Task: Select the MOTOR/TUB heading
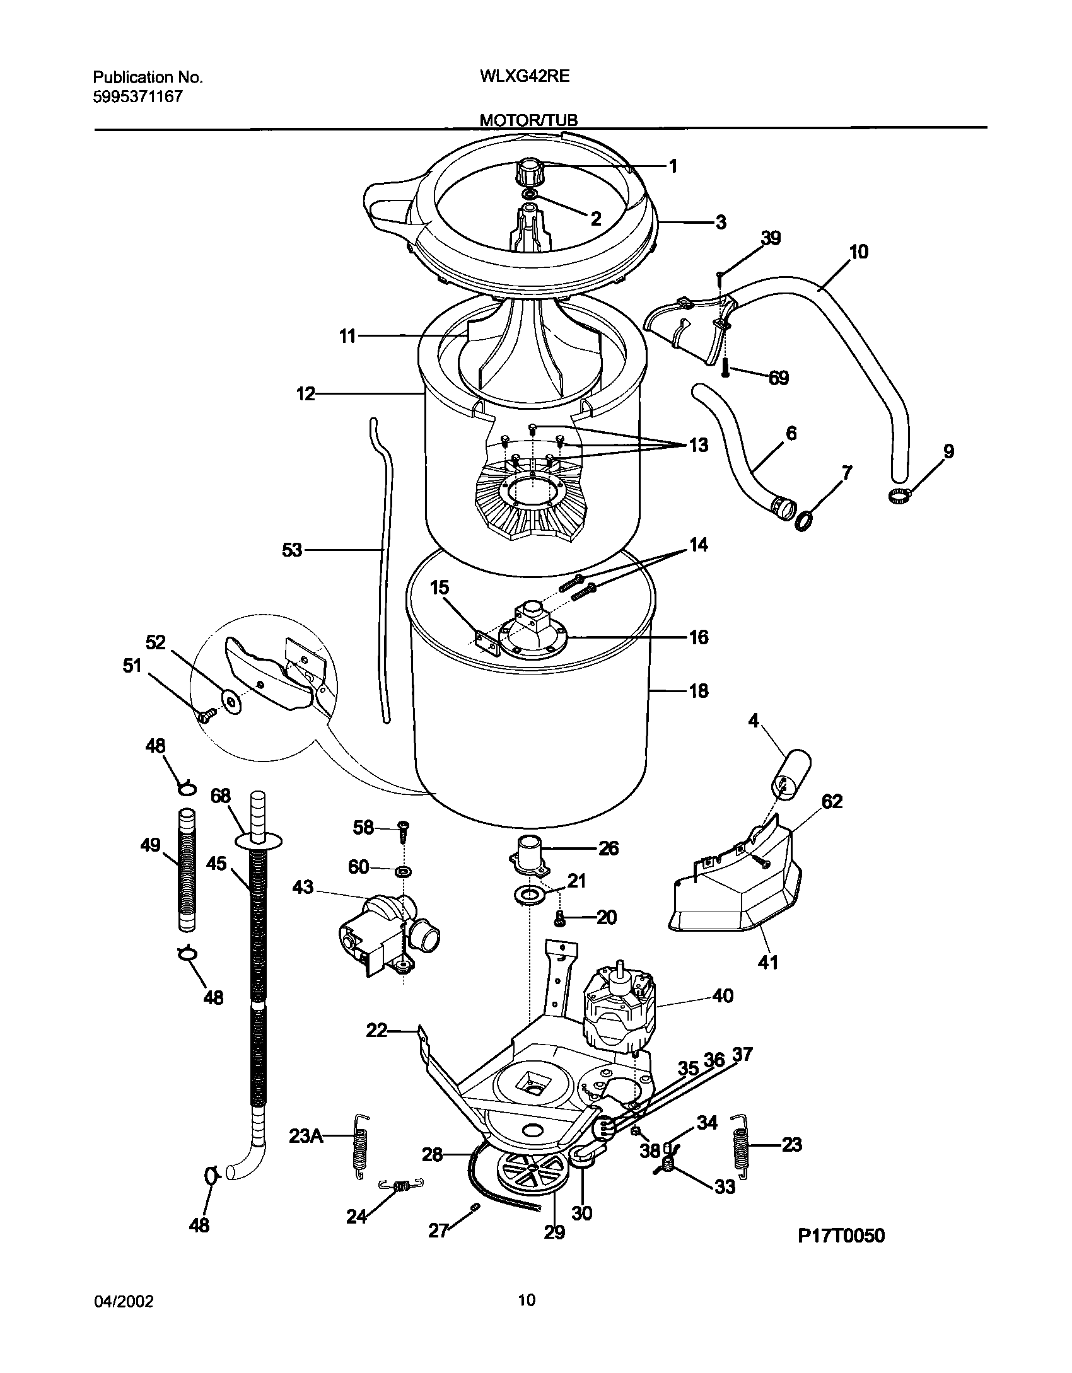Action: click(528, 120)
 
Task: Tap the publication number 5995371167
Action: click(137, 96)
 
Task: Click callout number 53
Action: click(292, 550)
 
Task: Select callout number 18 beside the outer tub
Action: click(698, 691)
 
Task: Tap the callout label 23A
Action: click(306, 1137)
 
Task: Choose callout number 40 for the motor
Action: click(723, 997)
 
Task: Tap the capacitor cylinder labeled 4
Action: click(790, 774)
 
